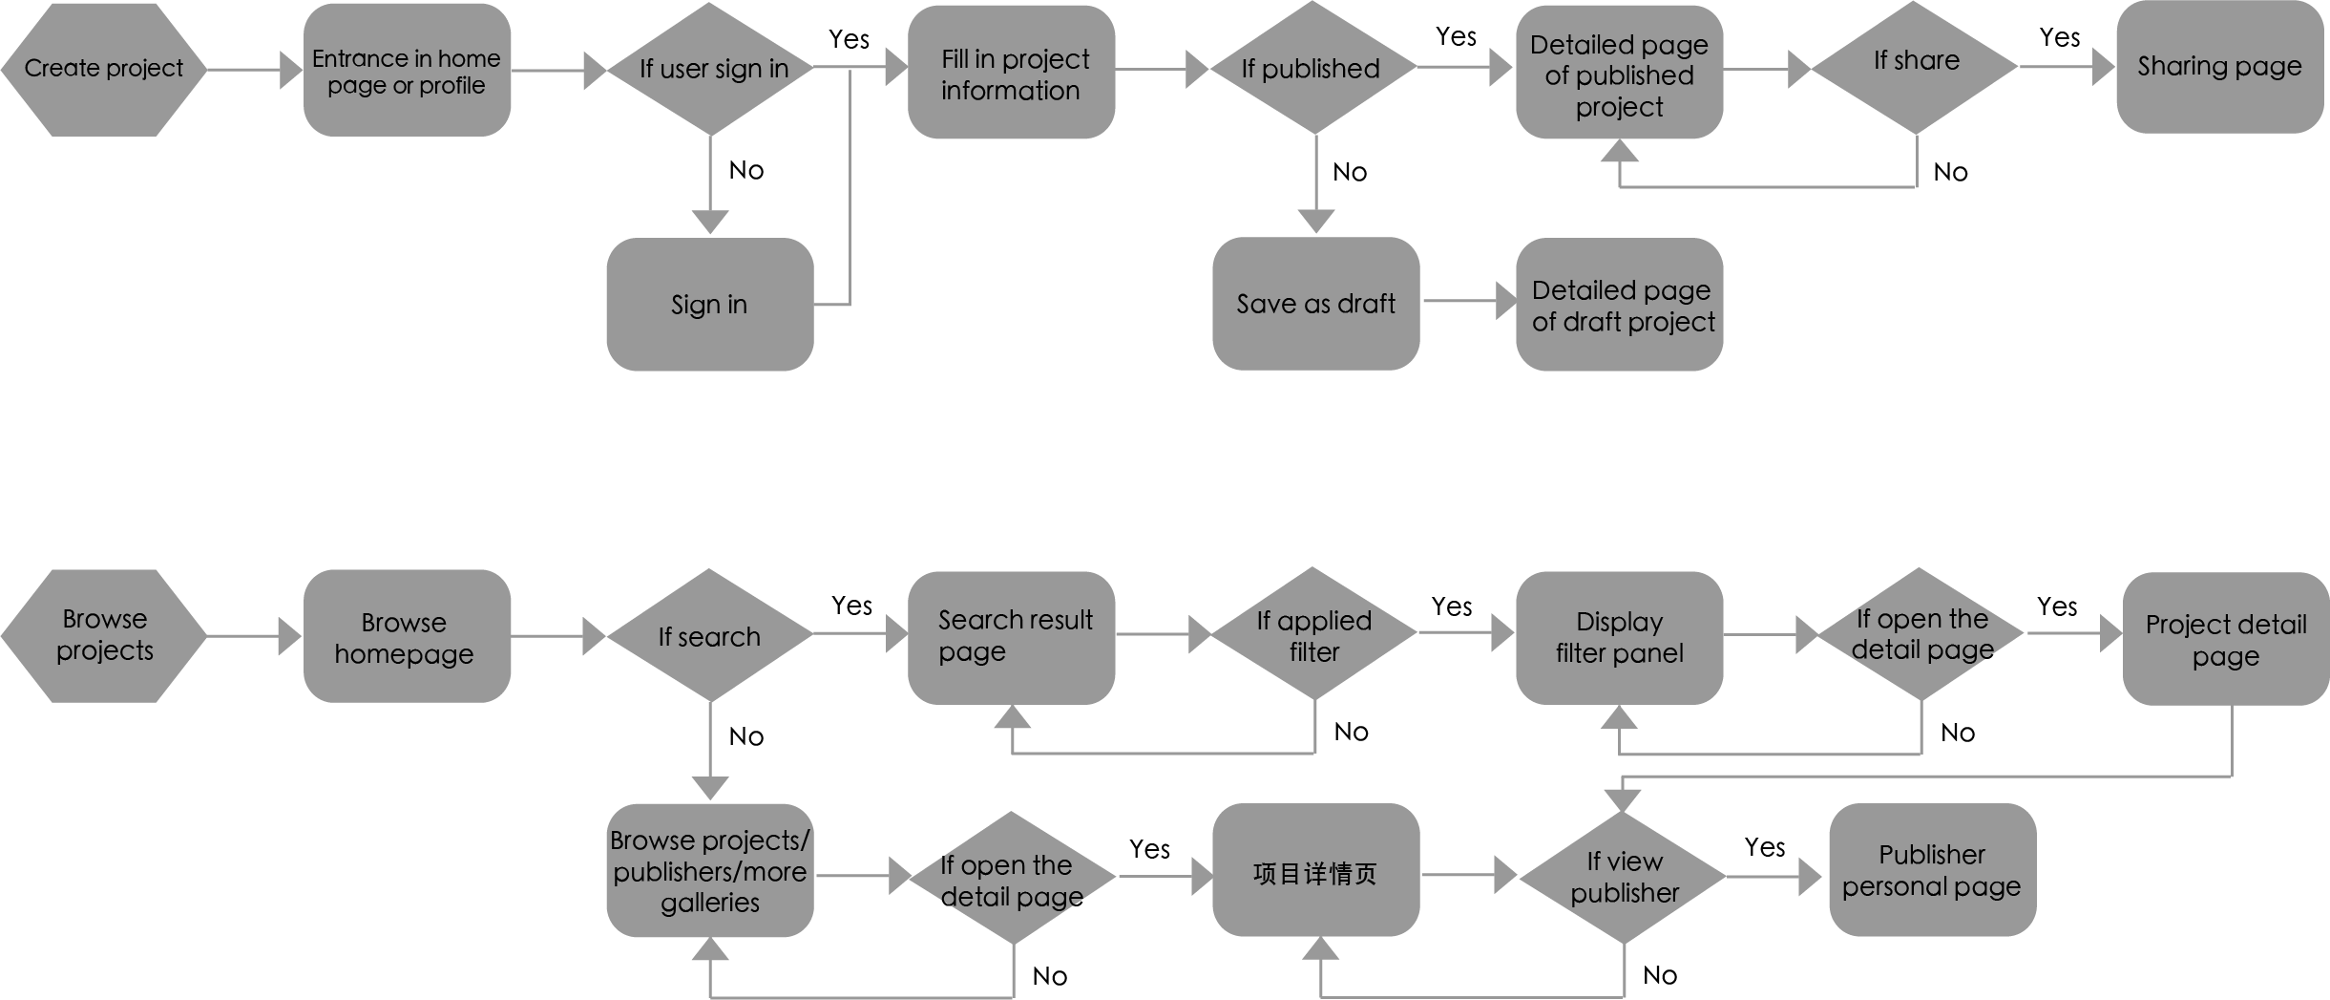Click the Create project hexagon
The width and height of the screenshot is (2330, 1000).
(x=104, y=70)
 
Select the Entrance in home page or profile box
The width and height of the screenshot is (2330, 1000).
(x=407, y=70)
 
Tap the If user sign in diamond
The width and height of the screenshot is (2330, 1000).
(x=710, y=69)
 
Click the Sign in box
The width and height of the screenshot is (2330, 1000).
(x=710, y=304)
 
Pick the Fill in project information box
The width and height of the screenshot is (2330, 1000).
(x=1011, y=72)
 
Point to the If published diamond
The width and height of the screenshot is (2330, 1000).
(x=1313, y=68)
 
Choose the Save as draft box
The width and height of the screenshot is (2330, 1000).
(x=1316, y=303)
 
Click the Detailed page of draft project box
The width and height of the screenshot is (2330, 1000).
(x=1620, y=304)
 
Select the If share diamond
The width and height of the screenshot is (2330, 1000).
(x=1915, y=68)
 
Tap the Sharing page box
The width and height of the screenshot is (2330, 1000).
(x=2220, y=67)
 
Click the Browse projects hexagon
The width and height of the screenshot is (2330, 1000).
(x=104, y=636)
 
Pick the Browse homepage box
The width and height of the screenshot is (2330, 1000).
(x=407, y=636)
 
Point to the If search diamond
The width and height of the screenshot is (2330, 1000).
(x=710, y=635)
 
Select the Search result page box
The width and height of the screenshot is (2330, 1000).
(x=1011, y=638)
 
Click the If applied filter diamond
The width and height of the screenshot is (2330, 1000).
(x=1314, y=633)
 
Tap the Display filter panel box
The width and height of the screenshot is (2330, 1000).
(x=1620, y=638)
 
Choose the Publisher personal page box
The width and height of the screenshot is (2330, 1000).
(x=1933, y=869)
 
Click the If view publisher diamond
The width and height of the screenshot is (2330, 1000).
(x=1623, y=877)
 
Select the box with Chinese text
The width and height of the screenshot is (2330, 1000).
(x=1316, y=869)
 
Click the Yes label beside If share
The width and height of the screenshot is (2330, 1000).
(x=2060, y=37)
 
